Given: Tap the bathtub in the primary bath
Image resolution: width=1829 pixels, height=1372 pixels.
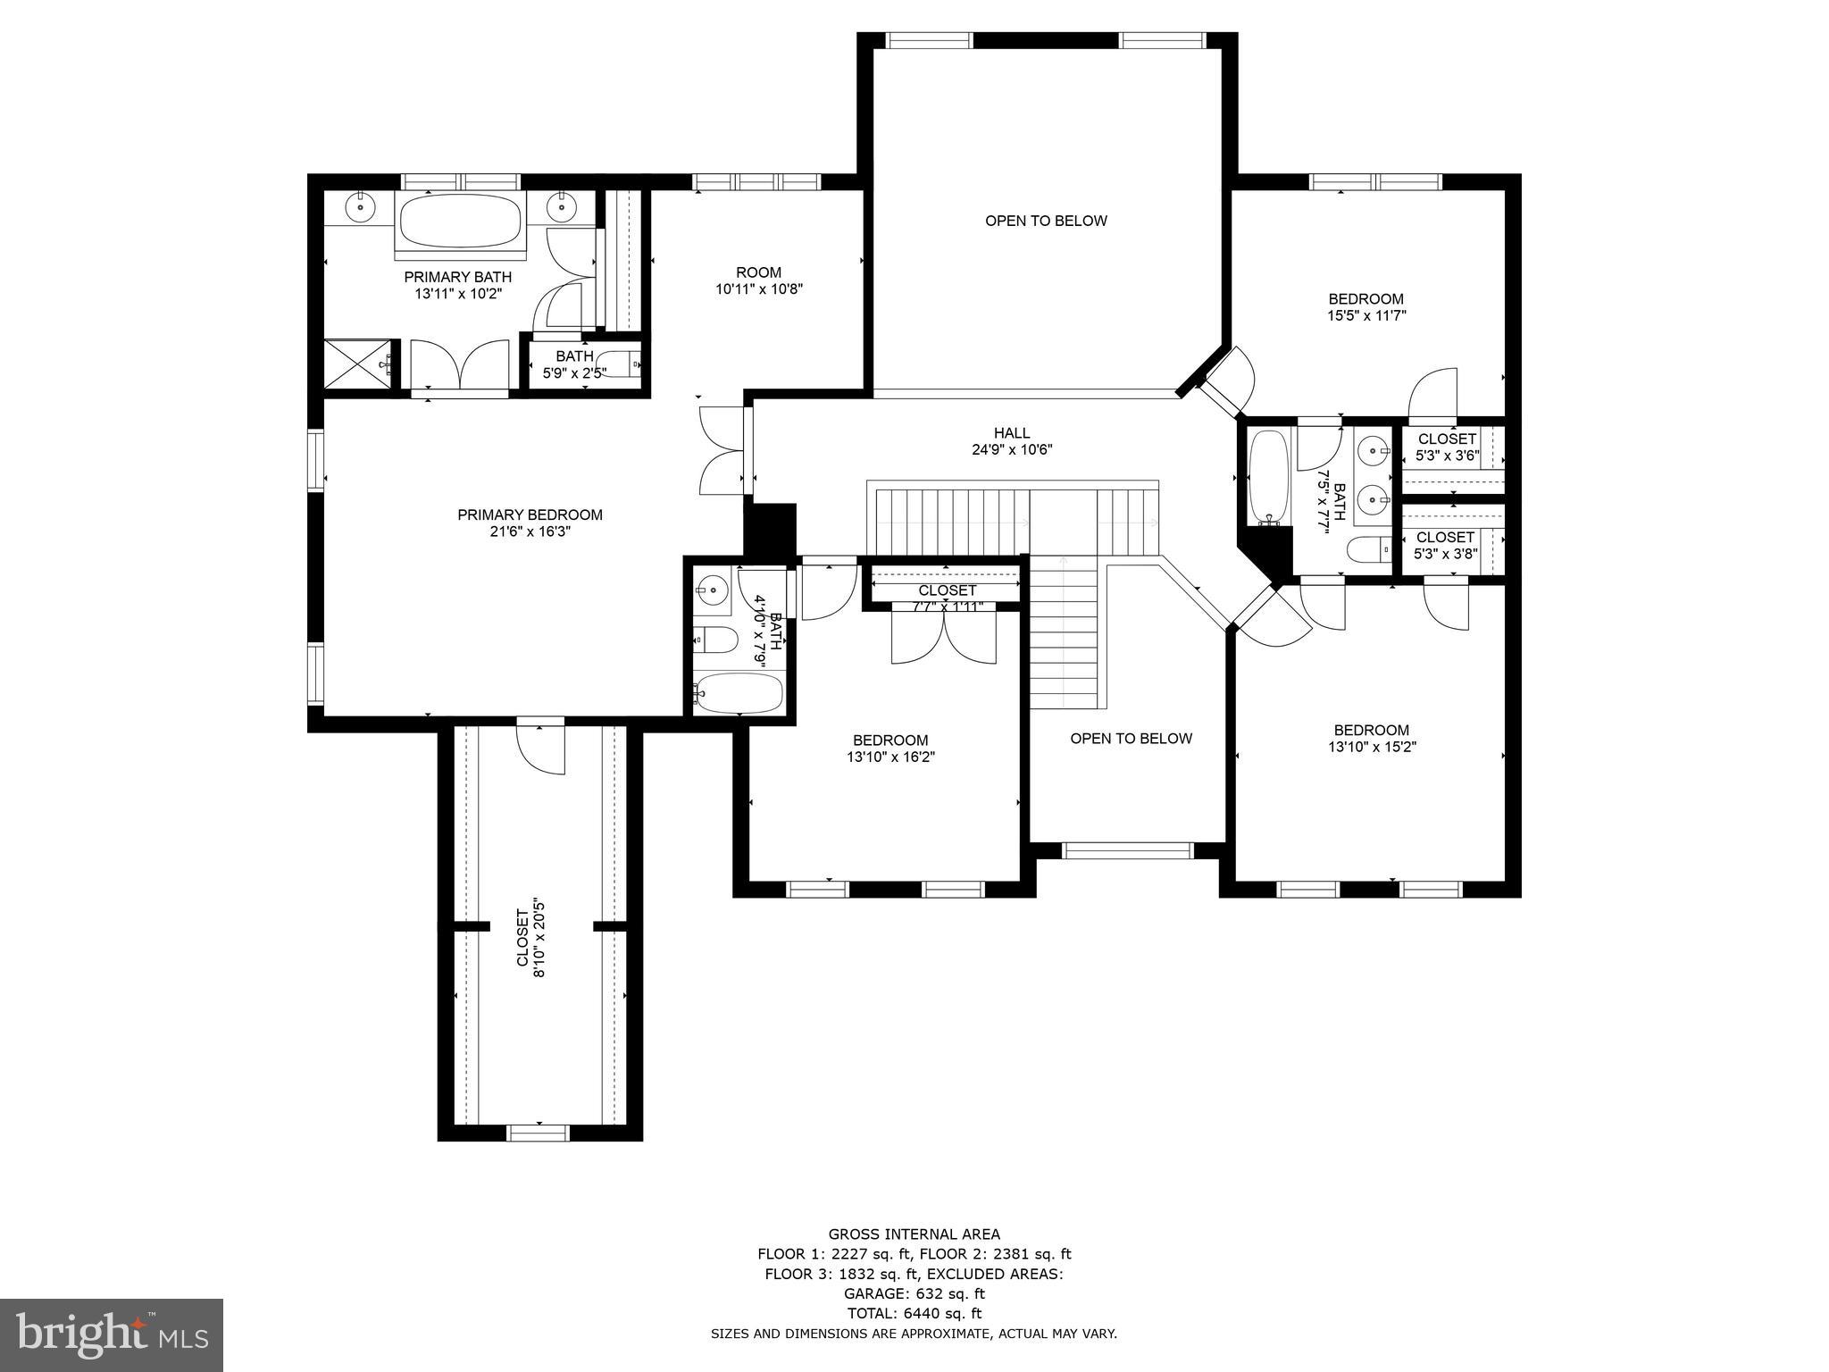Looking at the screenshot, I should (x=460, y=222).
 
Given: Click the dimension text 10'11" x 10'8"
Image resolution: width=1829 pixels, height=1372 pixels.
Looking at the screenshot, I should (x=758, y=289).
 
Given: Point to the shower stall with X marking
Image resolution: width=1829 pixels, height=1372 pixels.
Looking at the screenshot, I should (x=357, y=364).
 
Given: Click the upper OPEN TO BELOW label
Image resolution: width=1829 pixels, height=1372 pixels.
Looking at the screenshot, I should (x=1046, y=221).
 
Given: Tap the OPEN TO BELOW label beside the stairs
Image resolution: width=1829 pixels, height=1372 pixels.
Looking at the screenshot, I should (x=1131, y=738).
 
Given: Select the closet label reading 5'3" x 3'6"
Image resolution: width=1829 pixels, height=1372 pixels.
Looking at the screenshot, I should (x=1447, y=447).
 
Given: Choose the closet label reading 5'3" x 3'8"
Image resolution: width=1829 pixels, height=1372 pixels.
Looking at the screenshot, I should (x=1445, y=545).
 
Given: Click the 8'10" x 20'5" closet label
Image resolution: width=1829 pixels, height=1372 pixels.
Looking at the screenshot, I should (x=530, y=938).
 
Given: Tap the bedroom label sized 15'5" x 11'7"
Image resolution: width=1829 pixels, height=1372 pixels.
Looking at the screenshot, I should (x=1365, y=306).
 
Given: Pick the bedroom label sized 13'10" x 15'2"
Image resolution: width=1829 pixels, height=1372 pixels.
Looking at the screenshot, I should (x=1371, y=738).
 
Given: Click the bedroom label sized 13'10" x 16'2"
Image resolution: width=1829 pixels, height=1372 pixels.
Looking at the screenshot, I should (x=890, y=748).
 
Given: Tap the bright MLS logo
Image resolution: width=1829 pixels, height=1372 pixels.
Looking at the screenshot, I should (x=111, y=1334).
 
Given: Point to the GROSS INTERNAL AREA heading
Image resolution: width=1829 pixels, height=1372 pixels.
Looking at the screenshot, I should (x=914, y=1234).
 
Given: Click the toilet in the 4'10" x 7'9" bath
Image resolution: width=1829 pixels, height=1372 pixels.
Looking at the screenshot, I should (x=717, y=640).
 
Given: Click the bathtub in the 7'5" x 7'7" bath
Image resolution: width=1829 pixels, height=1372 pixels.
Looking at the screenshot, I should (x=1264, y=476).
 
